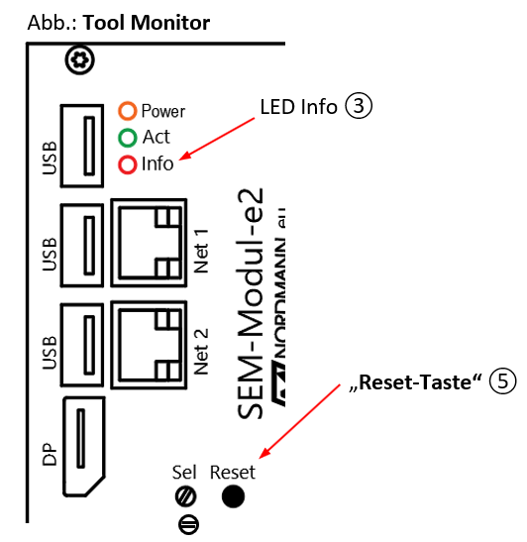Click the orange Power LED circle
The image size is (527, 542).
click(127, 111)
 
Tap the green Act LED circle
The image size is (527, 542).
click(127, 138)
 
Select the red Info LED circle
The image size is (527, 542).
click(127, 164)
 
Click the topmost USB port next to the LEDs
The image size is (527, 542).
click(85, 144)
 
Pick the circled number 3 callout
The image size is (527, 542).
click(358, 106)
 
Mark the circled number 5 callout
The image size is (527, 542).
click(503, 381)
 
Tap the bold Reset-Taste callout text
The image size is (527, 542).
click(429, 381)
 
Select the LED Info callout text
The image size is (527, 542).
click(298, 106)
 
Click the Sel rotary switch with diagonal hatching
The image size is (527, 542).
click(185, 496)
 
